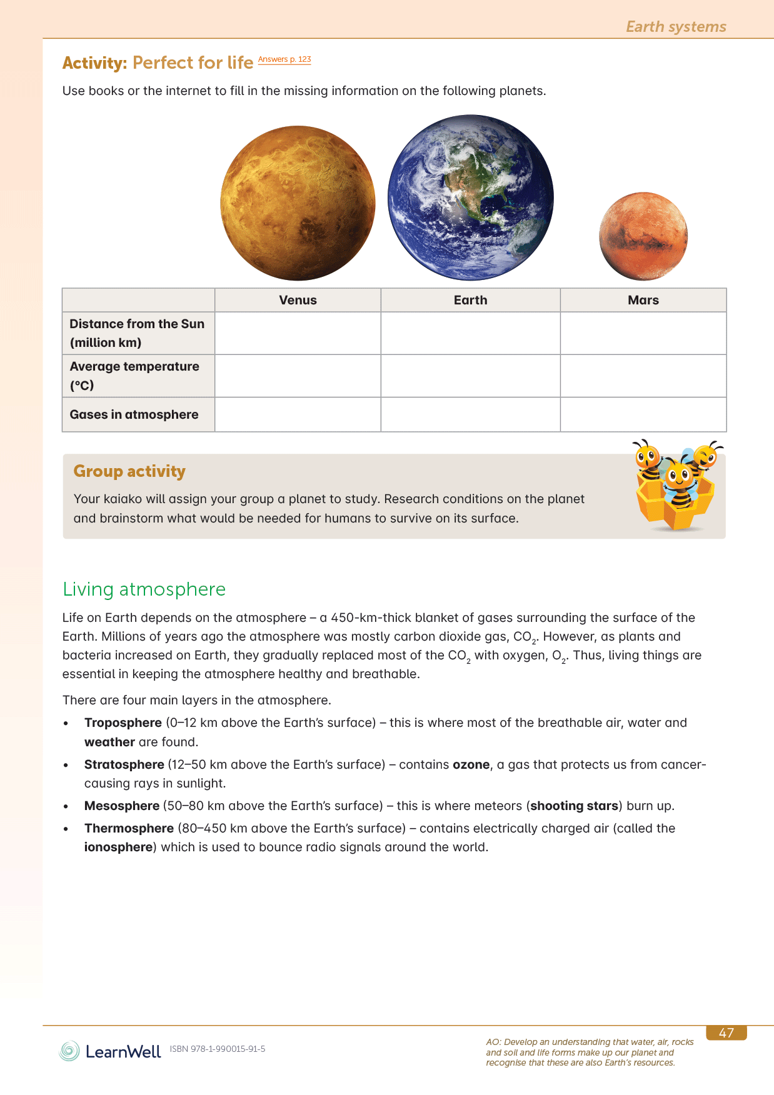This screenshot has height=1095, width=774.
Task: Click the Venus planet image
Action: [x=298, y=203]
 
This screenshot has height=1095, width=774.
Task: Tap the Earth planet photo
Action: [x=470, y=197]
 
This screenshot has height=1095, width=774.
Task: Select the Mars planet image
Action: [x=643, y=236]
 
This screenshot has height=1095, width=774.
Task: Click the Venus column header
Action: [x=298, y=300]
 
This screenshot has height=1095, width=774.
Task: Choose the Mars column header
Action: [x=643, y=300]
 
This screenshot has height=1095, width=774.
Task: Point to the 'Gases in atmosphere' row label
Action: [x=134, y=414]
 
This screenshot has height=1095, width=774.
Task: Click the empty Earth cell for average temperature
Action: [x=470, y=376]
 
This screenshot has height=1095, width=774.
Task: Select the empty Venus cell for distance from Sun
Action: [x=298, y=333]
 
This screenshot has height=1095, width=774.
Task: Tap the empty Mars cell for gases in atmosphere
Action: [x=643, y=414]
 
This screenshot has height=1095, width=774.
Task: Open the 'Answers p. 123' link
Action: [x=284, y=59]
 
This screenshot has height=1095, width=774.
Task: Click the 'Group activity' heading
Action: [x=129, y=471]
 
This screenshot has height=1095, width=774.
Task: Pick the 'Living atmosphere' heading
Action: [x=144, y=589]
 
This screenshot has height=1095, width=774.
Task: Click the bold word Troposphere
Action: [x=123, y=722]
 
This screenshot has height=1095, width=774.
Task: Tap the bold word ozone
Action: [x=471, y=764]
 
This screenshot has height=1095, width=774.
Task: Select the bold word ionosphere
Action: [x=119, y=847]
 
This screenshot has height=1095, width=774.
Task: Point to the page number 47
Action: [x=726, y=1033]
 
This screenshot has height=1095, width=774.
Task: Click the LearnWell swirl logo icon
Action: [x=69, y=1051]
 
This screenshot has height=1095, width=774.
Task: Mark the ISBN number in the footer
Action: [x=218, y=1049]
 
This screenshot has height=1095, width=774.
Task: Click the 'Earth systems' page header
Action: [x=676, y=27]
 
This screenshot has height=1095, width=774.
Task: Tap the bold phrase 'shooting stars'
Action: [x=574, y=806]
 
